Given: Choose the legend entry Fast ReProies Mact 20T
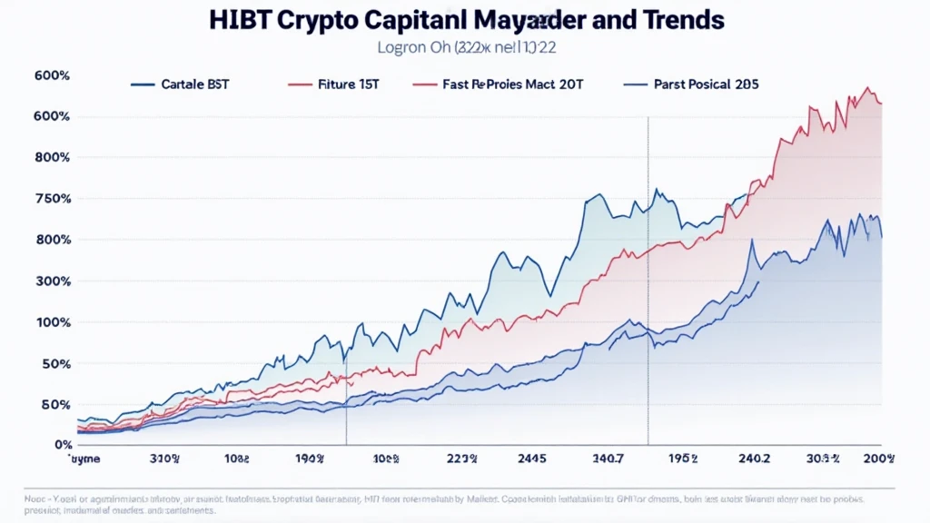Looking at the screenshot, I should pos(514,84).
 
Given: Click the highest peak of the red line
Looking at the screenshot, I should pos(867,88).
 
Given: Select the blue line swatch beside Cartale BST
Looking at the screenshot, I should pos(143,84).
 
